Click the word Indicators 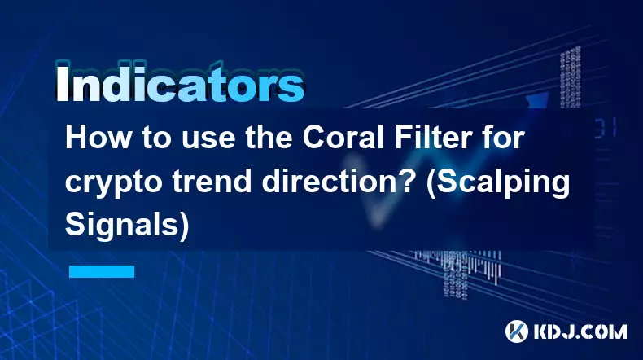click(180, 83)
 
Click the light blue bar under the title click(102, 271)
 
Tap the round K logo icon click(517, 331)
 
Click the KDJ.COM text click(580, 331)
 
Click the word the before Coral click(269, 138)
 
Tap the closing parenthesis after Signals click(184, 226)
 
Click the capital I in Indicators click(62, 83)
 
